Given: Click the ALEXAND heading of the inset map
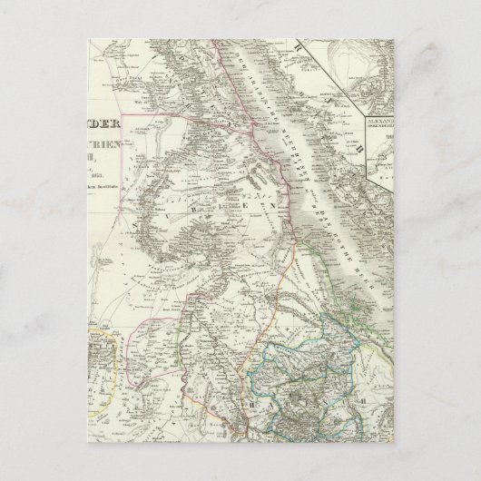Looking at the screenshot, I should coord(378,120).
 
